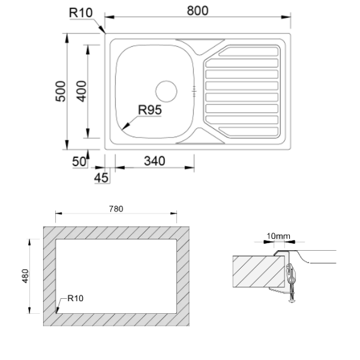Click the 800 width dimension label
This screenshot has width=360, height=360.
coord(197,11)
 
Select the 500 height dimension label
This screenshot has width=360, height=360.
coord(61,91)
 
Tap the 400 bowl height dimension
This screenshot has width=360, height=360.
coord(82,91)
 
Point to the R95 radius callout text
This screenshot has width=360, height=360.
coord(150,110)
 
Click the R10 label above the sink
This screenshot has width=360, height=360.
coord(81,13)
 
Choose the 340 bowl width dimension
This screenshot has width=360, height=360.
coord(155,161)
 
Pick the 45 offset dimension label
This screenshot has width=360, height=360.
coord(101,178)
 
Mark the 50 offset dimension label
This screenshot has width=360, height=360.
coord(79,161)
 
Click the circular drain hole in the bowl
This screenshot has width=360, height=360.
coord(166,91)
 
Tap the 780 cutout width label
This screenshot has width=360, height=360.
coord(116,209)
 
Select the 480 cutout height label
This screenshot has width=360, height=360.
coord(25,276)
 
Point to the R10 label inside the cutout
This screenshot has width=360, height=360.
coord(76,298)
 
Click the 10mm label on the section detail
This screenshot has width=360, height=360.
coord(278,236)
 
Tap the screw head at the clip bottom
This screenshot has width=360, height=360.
coord(292,300)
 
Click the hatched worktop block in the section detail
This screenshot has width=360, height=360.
coord(259,271)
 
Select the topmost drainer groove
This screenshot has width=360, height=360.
coord(248,52)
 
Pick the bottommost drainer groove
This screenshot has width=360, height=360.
coord(248,131)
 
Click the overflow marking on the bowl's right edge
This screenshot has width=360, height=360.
coord(194,91)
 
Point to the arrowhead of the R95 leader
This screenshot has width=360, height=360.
coord(125,127)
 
